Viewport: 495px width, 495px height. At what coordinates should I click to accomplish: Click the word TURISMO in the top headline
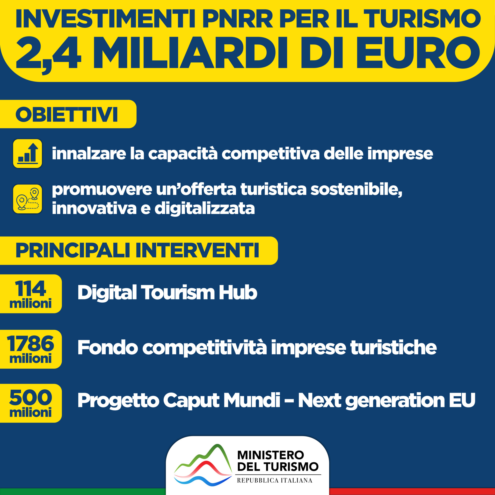click(422, 19)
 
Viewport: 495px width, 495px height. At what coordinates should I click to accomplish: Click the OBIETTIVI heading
click(67, 115)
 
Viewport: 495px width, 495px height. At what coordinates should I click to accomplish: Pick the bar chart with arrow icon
click(27, 153)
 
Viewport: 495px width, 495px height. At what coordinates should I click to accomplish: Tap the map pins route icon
click(27, 199)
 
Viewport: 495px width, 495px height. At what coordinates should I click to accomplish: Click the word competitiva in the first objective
click(270, 154)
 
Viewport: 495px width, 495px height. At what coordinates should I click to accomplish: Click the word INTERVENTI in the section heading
click(197, 250)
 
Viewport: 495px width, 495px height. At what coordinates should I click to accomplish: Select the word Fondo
click(107, 347)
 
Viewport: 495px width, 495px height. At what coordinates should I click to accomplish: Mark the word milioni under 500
click(30, 413)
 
